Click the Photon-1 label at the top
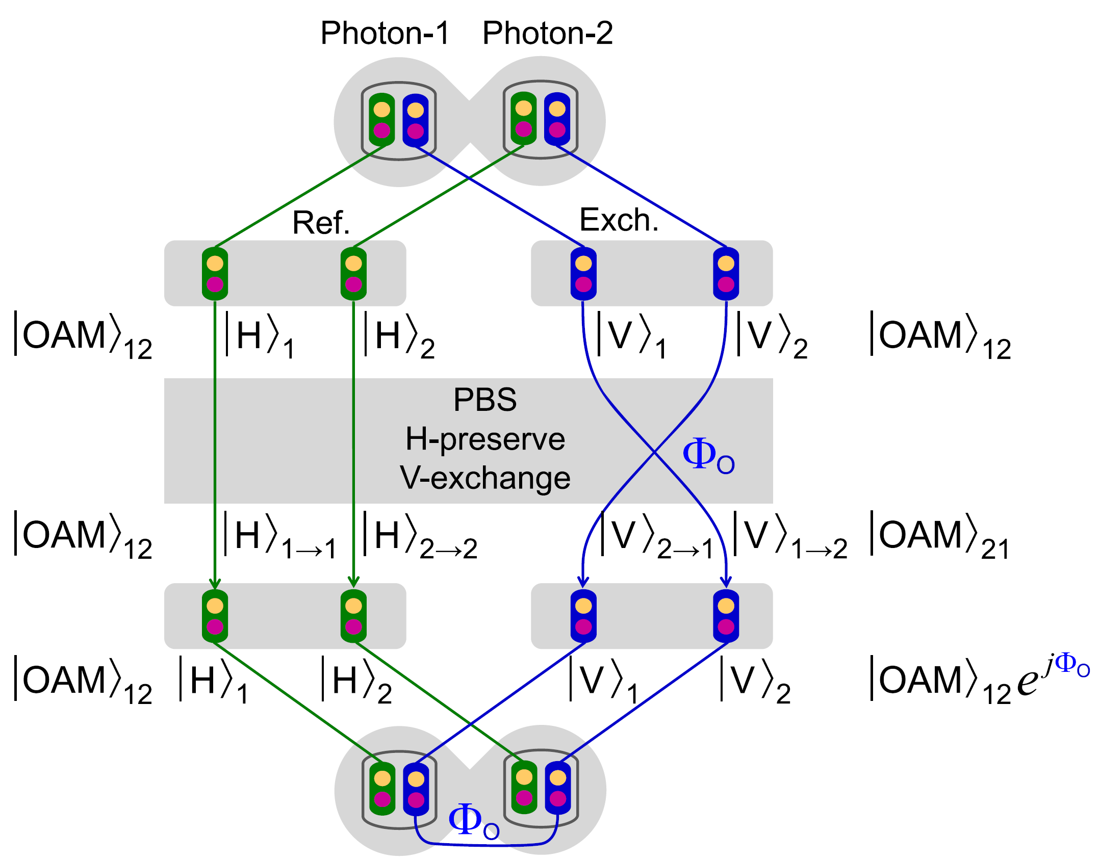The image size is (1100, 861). pos(385,34)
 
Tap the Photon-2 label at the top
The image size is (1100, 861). pos(547,34)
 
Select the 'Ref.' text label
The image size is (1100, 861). pos(321,223)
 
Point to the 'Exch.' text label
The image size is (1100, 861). pos(619,220)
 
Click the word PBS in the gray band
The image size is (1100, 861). pos(484,400)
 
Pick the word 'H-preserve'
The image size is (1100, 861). pos(485,439)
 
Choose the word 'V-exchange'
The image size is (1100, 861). pos(484,478)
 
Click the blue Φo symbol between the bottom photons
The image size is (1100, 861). pos(473,821)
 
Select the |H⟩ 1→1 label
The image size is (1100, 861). pos(279,536)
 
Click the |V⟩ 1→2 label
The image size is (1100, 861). pos(789,536)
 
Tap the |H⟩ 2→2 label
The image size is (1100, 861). pos(419,536)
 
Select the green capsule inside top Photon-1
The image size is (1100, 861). pos(381,120)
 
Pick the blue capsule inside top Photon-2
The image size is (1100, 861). pos(557,119)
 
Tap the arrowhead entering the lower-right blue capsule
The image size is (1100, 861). pos(726,582)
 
